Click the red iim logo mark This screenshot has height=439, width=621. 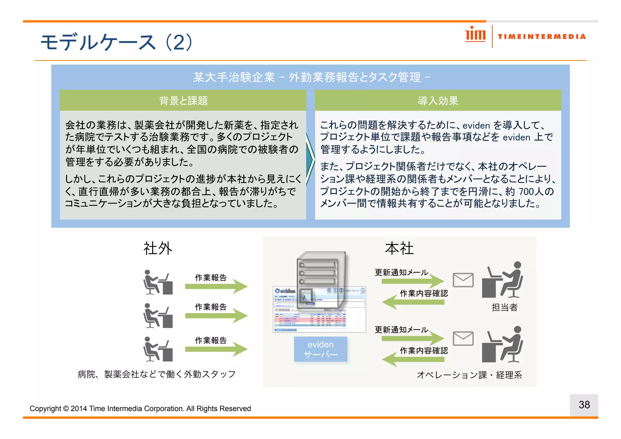click(x=475, y=34)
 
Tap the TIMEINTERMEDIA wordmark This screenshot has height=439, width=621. click(x=542, y=37)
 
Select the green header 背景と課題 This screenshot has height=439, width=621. click(x=183, y=100)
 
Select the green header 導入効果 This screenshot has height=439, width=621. click(x=438, y=100)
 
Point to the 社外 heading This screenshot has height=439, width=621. click(x=158, y=248)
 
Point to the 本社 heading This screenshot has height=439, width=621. click(x=399, y=248)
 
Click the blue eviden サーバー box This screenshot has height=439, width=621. click(x=321, y=349)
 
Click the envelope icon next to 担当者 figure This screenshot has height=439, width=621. click(x=463, y=280)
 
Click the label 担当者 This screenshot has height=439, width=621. click(x=504, y=307)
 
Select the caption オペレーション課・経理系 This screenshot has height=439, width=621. click(x=469, y=375)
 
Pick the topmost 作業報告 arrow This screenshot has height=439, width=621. click(x=216, y=286)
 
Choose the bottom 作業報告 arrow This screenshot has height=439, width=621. click(x=216, y=349)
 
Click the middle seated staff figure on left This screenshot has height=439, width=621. click(x=158, y=316)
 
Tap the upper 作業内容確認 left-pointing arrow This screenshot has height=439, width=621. click(x=413, y=302)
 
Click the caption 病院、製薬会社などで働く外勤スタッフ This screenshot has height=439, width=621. click(x=156, y=374)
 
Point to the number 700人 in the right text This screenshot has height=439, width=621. click(x=531, y=191)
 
